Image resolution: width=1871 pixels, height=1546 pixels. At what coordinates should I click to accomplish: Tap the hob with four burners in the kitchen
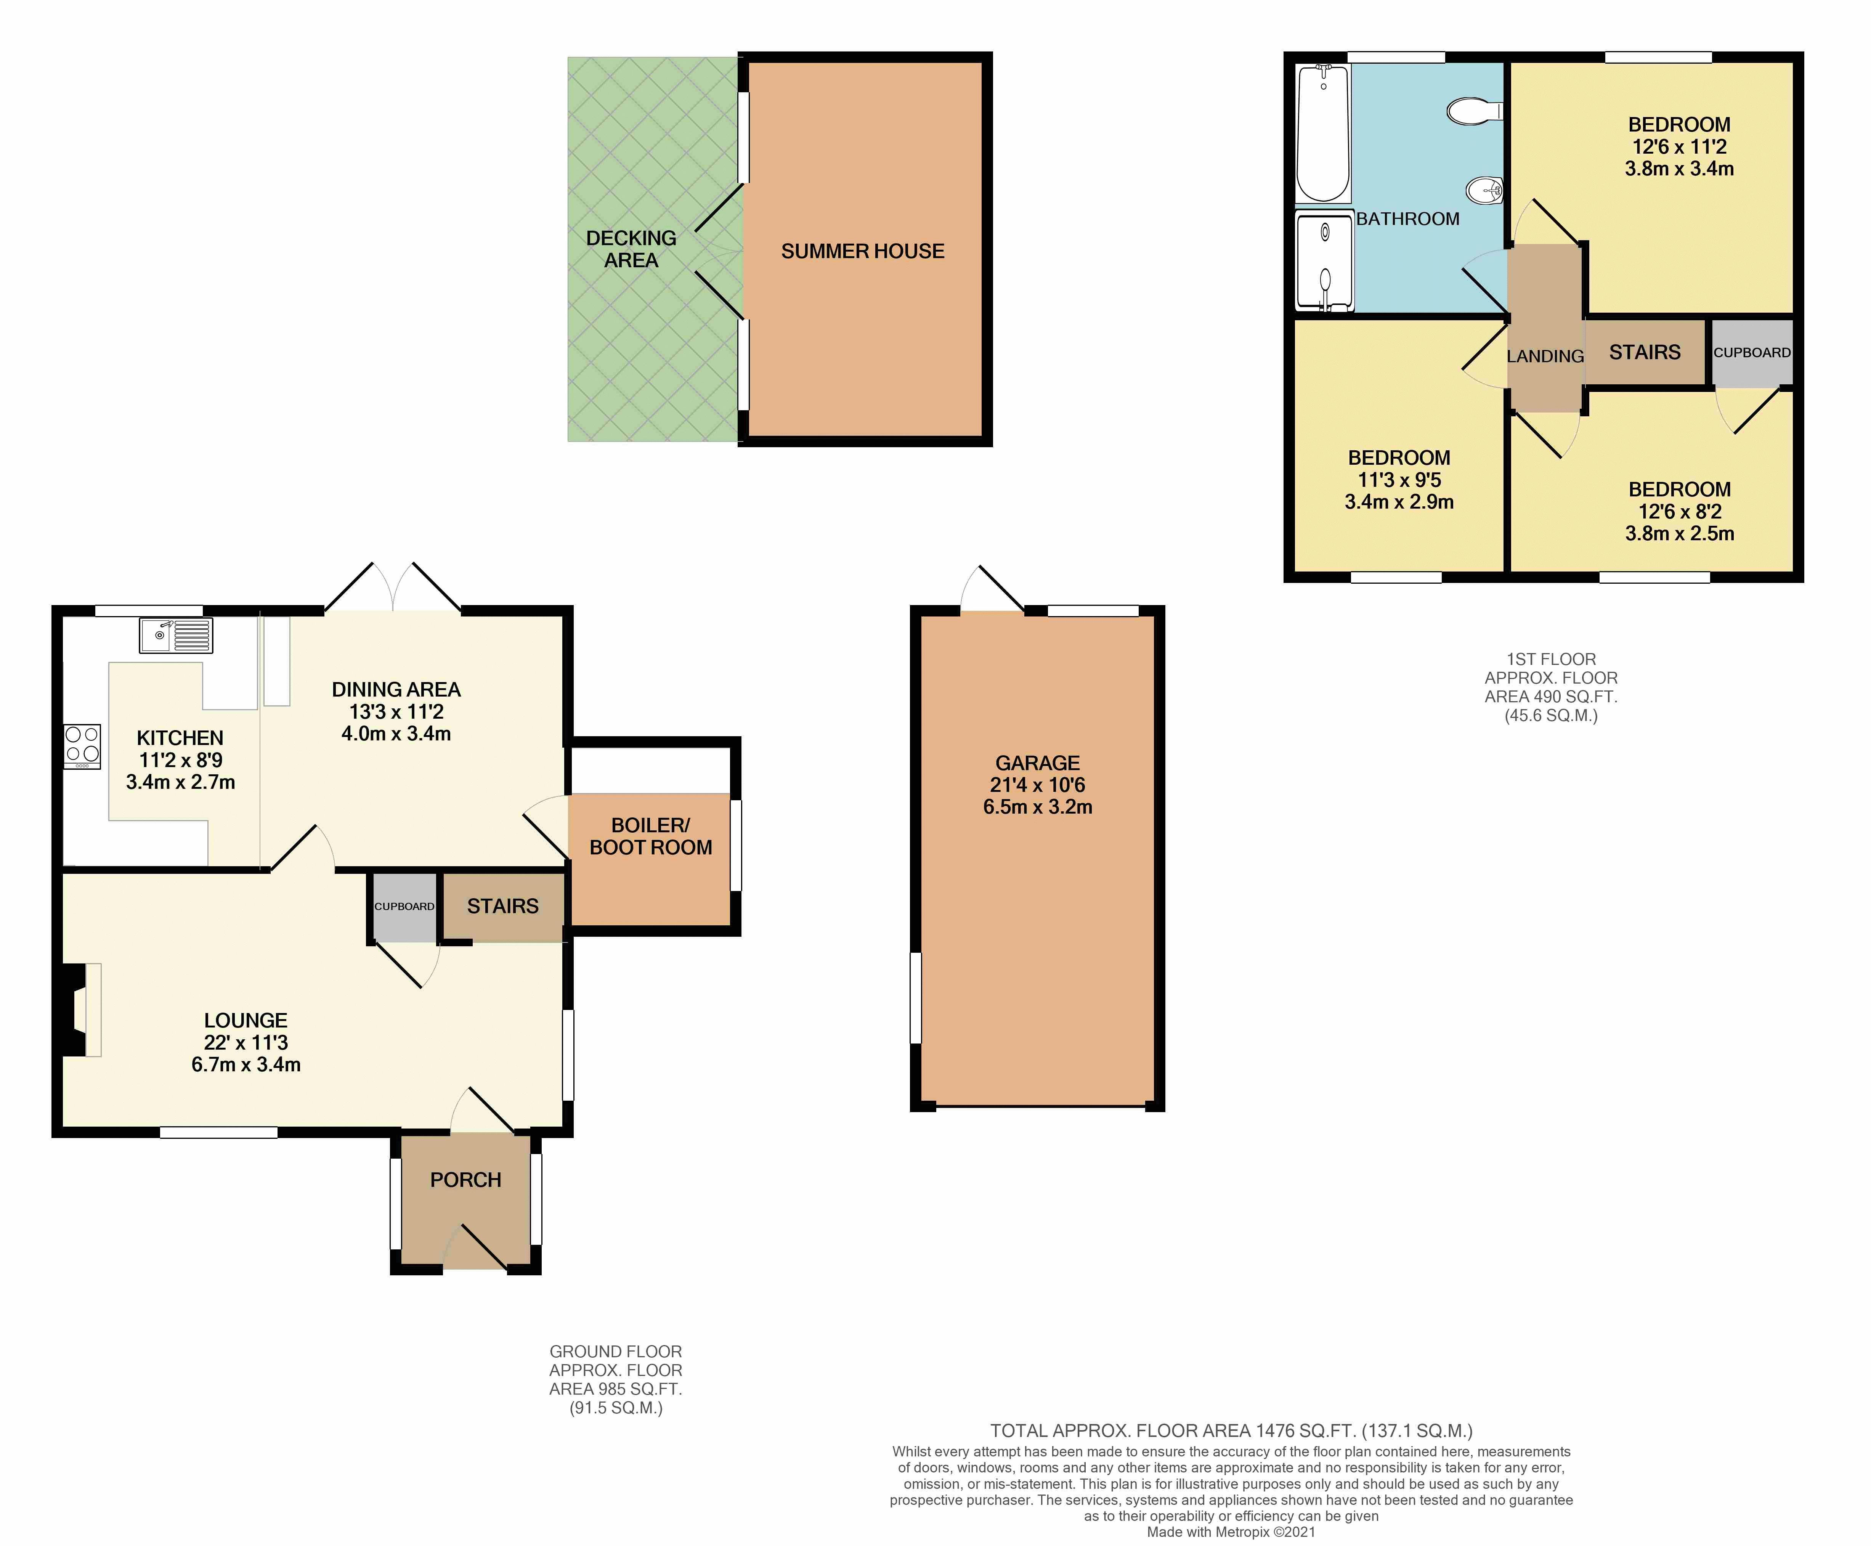82,746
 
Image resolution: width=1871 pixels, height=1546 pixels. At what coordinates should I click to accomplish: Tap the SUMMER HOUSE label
862,251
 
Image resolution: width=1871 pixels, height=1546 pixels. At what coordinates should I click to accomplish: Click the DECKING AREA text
631,249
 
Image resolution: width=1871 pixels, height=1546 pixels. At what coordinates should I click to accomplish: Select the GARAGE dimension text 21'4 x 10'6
1037,785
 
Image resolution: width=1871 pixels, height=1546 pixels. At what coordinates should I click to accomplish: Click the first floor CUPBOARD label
1751,353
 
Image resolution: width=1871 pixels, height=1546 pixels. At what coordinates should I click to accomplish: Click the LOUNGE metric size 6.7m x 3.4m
246,1064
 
